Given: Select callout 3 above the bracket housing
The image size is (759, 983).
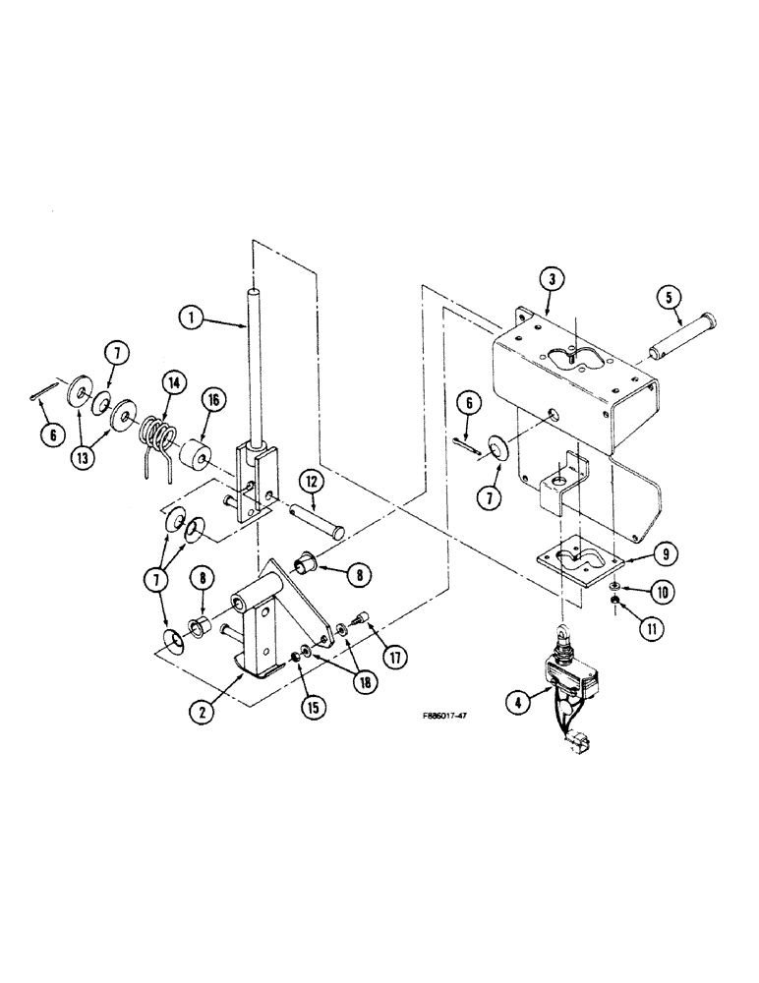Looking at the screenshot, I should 555,280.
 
